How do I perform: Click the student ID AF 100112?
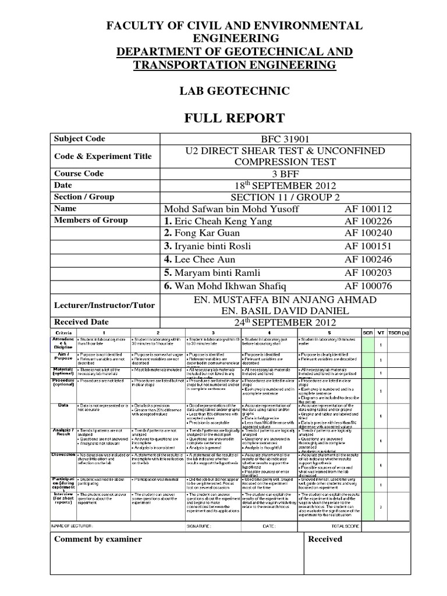pyautogui.click(x=368, y=208)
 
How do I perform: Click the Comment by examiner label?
pyautogui.click(x=98, y=539)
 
